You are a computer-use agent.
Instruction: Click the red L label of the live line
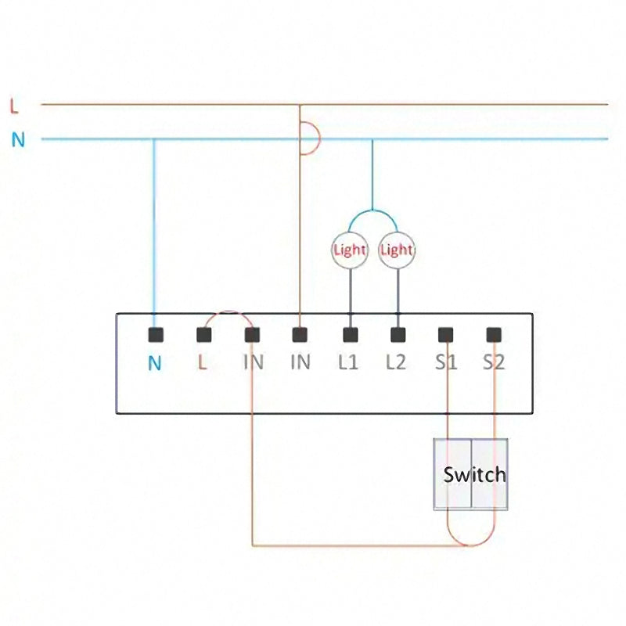(13, 104)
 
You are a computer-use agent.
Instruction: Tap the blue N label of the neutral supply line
(18, 140)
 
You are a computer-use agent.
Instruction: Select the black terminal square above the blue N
(155, 335)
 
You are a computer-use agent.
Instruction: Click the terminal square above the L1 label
(350, 335)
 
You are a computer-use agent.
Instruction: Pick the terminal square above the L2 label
(398, 335)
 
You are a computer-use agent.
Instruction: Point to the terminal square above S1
(446, 335)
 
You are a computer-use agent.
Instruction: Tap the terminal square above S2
(494, 335)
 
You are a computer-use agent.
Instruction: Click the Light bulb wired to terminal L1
(350, 250)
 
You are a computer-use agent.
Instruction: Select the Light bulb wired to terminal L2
(396, 250)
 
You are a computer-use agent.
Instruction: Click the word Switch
(474, 474)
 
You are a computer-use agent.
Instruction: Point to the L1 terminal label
(348, 363)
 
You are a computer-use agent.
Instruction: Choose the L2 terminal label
(397, 363)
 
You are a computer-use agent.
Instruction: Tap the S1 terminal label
(446, 363)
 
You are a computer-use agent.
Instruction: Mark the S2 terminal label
(494, 363)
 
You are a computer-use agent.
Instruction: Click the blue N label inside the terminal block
(155, 364)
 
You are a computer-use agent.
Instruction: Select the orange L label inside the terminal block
(203, 363)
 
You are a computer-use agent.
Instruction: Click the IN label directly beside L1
(300, 363)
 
